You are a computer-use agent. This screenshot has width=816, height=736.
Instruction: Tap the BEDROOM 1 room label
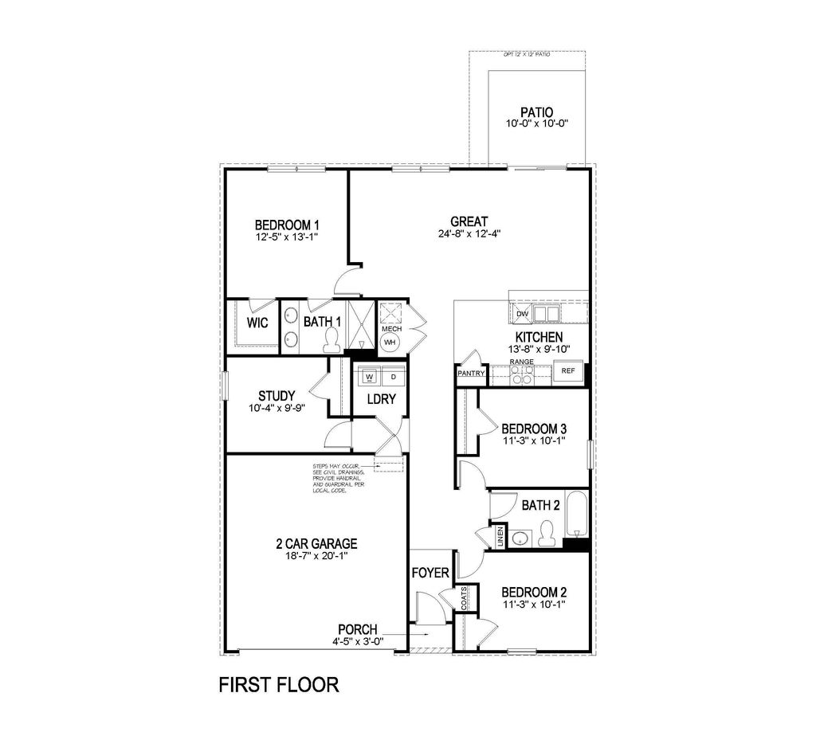point(287,225)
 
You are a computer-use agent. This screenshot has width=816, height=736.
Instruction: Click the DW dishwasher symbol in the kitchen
point(523,313)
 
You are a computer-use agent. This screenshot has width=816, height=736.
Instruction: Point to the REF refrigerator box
point(568,371)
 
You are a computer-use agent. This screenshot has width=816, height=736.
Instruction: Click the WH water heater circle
point(390,343)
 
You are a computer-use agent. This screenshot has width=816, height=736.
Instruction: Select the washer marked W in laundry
point(369,376)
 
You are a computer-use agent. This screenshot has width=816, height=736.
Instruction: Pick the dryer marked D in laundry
point(393,376)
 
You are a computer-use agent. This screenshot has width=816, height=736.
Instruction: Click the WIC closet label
point(257,323)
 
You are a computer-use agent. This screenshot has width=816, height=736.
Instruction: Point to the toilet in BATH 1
point(331,342)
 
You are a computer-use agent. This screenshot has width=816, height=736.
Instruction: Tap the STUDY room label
point(277,395)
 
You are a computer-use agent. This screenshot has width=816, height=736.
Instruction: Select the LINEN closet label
point(500,537)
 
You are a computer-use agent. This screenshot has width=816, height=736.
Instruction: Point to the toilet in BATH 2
point(547,532)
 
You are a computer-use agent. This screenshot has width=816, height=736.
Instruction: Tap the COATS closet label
point(464,600)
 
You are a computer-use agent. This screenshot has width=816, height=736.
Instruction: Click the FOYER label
point(430,574)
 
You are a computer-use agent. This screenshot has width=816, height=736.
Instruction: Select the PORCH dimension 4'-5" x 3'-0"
point(357,641)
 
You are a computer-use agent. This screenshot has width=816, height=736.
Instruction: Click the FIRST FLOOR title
point(279,684)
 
